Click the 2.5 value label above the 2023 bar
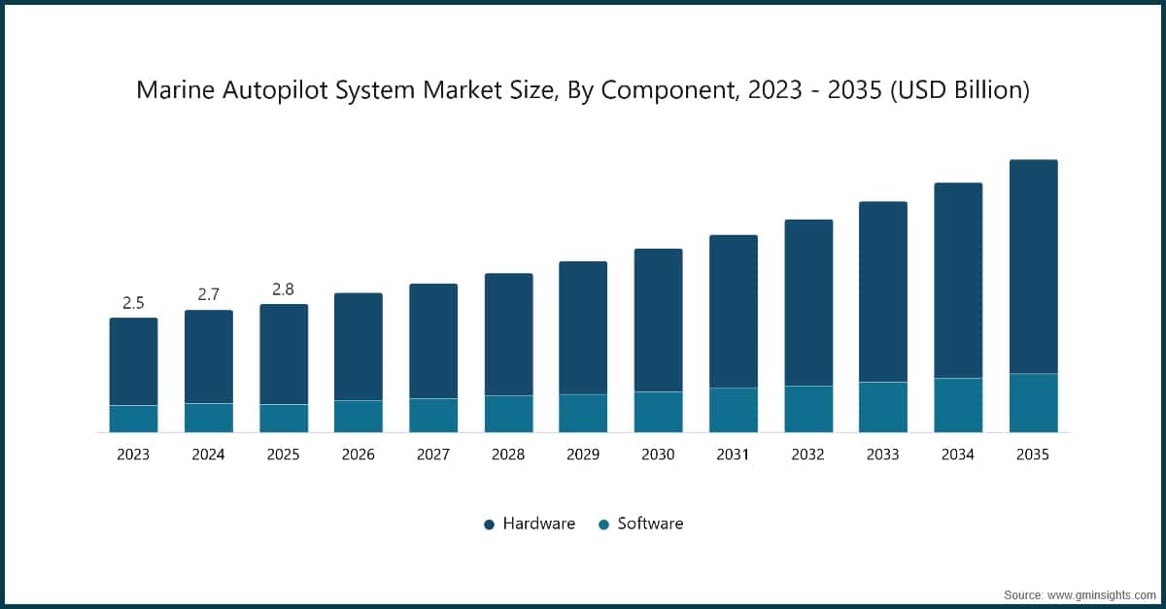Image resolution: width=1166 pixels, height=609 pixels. [x=133, y=303]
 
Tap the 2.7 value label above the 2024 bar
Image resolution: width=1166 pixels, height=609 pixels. [x=209, y=294]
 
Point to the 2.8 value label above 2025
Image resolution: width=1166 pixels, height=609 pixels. [x=284, y=288]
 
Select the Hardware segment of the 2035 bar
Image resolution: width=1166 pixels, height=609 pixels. [x=1033, y=267]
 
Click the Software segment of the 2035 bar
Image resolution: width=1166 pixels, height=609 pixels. [x=1033, y=403]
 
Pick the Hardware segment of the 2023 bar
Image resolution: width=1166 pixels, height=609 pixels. [x=133, y=361]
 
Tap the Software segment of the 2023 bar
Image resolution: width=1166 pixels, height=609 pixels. [x=133, y=419]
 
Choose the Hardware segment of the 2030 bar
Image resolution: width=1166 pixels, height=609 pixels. [x=658, y=321]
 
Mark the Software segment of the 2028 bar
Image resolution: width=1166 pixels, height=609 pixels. [x=508, y=414]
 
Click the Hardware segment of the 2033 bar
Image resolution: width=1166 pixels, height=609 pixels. [x=882, y=291]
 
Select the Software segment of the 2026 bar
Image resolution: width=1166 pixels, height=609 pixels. [x=359, y=416]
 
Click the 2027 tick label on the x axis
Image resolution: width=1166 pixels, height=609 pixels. [x=433, y=455]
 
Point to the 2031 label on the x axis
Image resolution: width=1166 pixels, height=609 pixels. [x=733, y=455]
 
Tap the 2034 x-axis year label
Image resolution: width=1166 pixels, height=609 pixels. [x=958, y=455]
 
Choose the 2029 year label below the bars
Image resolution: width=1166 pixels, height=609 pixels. [x=583, y=455]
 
